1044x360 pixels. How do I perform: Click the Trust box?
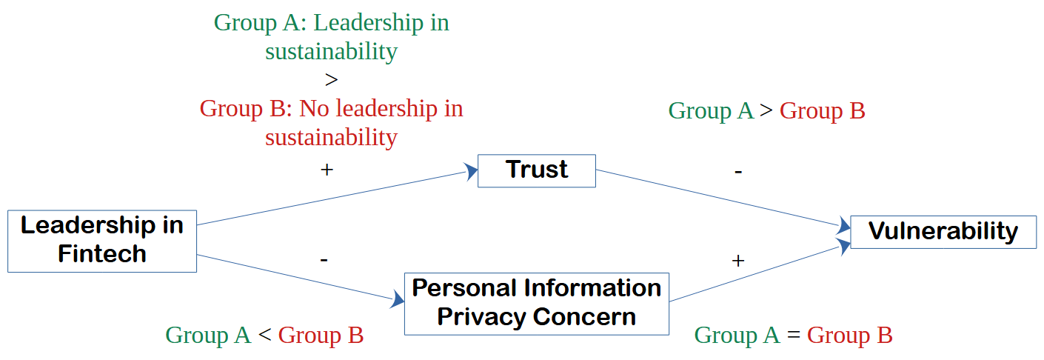click(537, 170)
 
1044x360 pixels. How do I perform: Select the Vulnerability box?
click(943, 232)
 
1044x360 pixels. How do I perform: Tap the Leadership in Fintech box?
click(102, 241)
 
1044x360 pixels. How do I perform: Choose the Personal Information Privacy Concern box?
click(536, 303)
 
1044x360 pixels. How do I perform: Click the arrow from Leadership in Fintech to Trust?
click(333, 198)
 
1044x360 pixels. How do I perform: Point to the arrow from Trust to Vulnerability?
click(722, 198)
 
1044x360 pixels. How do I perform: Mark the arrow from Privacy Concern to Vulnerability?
click(759, 273)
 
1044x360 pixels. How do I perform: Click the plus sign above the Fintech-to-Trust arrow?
click(327, 170)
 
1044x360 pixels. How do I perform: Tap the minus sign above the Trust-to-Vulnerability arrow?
click(737, 171)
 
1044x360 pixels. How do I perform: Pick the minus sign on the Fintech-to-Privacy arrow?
click(324, 259)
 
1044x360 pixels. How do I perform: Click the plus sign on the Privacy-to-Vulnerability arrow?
click(737, 260)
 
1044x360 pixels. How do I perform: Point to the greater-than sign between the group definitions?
click(331, 80)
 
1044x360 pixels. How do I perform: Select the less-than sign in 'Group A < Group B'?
click(264, 336)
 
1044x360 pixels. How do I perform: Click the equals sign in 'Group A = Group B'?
click(794, 336)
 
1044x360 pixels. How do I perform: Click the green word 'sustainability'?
click(331, 52)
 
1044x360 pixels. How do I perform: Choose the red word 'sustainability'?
click(331, 137)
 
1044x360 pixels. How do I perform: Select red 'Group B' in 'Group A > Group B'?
click(822, 111)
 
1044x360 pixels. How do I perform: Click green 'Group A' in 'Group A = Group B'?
click(737, 336)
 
